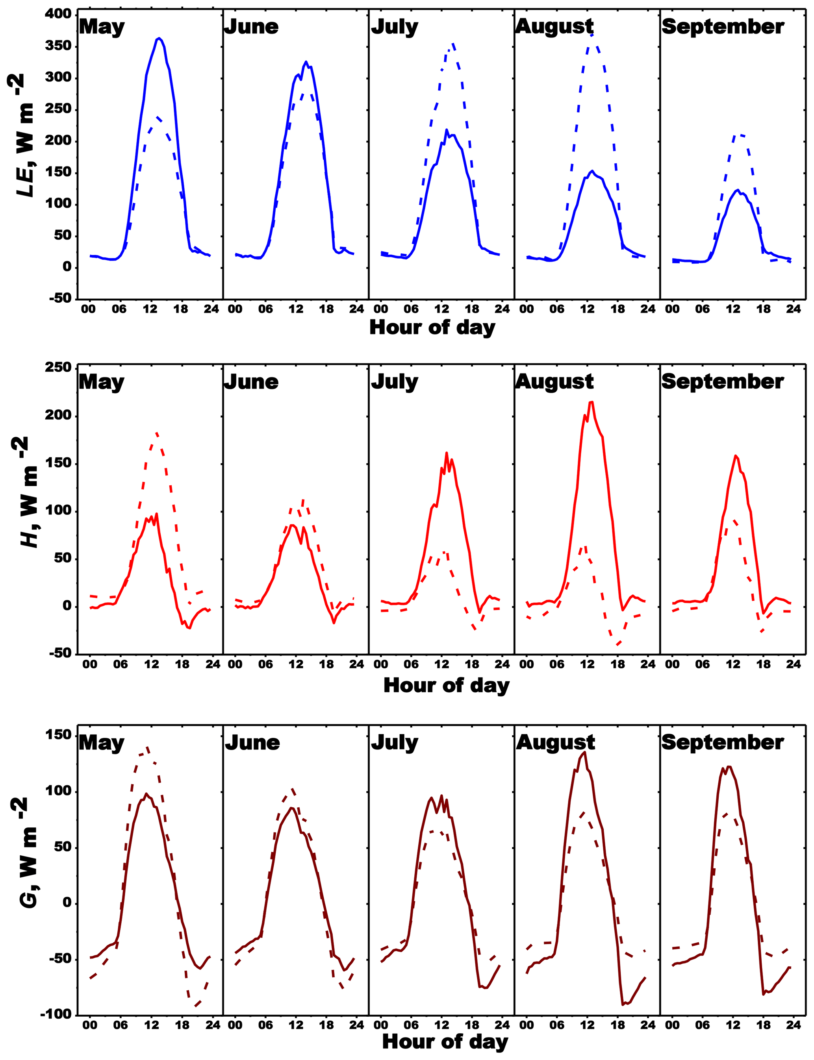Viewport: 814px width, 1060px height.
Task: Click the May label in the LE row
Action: (102, 27)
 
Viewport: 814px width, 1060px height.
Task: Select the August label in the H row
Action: (554, 382)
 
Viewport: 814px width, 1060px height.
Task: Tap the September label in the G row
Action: (722, 742)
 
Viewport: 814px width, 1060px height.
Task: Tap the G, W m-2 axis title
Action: (28, 852)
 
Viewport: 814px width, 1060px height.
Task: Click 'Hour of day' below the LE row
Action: (432, 328)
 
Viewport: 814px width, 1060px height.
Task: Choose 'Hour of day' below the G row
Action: (445, 1042)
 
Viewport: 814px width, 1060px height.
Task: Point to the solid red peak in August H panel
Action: (591, 402)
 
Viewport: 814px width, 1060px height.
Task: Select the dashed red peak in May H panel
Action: (156, 433)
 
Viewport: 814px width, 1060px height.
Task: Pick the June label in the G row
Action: (252, 743)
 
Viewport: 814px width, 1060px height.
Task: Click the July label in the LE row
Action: (395, 27)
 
